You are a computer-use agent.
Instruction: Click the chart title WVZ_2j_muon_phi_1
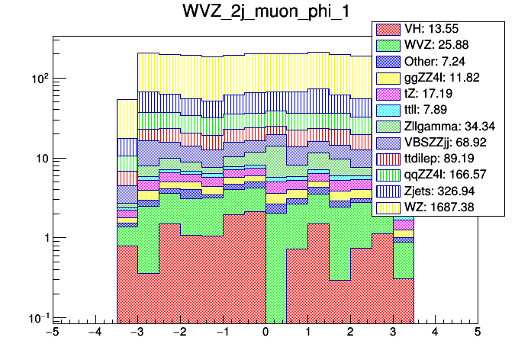pyautogui.click(x=265, y=14)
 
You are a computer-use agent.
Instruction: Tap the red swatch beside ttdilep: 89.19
pyautogui.click(x=389, y=158)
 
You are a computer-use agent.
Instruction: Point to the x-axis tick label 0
pyautogui.click(x=265, y=334)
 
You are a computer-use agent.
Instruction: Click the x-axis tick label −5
pyautogui.click(x=51, y=334)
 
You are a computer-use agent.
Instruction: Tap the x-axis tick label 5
pyautogui.click(x=478, y=334)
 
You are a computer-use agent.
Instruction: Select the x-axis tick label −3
pyautogui.click(x=137, y=334)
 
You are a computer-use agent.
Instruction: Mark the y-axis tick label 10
pyautogui.click(x=37, y=159)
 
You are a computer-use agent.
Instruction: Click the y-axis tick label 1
pyautogui.click(x=42, y=238)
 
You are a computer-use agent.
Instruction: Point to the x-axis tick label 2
pyautogui.click(x=350, y=334)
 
